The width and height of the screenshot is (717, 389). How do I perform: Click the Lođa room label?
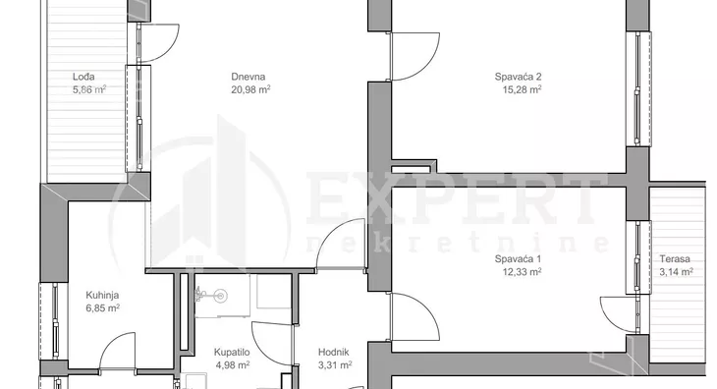83,77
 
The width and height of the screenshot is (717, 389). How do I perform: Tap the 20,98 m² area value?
250,89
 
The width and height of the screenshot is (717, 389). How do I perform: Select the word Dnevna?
248,77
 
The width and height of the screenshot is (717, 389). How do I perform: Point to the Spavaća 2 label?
518,77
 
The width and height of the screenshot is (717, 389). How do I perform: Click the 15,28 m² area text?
523,89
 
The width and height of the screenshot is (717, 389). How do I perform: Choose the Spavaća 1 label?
518,259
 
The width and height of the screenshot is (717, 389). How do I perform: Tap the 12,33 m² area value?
523,272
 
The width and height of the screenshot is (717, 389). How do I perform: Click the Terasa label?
675,259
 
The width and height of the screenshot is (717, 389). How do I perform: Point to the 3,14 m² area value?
677,272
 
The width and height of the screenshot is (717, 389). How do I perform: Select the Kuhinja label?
102,296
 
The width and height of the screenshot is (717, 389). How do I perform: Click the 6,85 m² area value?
103,308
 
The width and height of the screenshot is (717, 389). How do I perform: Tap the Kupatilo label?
232,352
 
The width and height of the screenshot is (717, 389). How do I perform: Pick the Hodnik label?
333,352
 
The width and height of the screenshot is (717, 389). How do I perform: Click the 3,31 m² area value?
335,364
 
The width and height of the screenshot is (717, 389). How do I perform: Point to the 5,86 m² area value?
89,89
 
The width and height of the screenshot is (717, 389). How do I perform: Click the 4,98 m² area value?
233,364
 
